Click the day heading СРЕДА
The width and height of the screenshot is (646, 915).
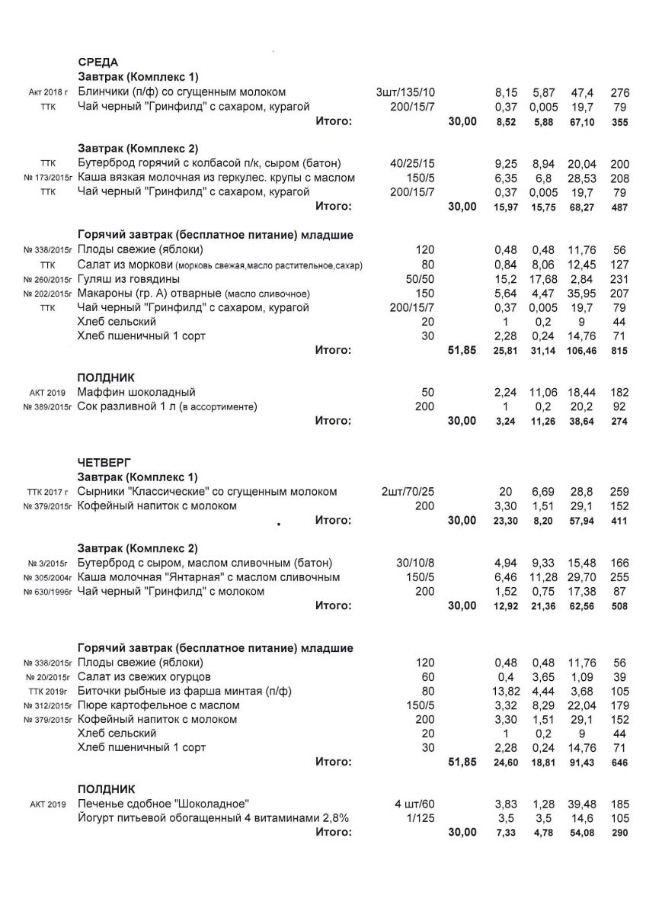click(98, 63)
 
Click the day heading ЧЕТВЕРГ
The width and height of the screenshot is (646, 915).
click(104, 462)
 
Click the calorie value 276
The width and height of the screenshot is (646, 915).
click(619, 92)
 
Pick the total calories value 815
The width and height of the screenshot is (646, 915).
click(619, 351)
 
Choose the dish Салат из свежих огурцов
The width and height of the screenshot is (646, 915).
click(145, 676)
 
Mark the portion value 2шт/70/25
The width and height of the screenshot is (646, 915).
click(408, 492)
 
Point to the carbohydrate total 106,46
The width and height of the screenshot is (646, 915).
click(581, 351)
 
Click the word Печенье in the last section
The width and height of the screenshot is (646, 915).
click(101, 804)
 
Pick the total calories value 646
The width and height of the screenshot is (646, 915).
click(619, 762)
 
